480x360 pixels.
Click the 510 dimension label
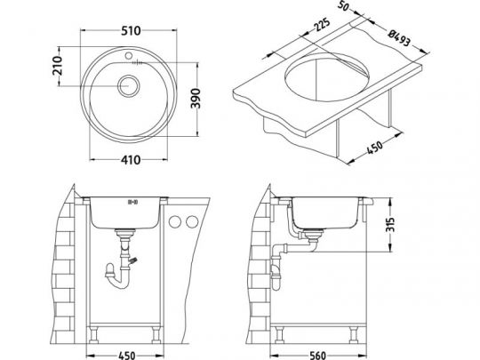point(131,30)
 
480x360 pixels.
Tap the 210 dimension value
point(58,66)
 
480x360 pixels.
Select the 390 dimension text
point(196,99)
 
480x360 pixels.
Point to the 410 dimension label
point(131,160)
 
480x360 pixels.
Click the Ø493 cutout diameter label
point(398,37)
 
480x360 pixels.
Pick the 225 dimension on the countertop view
point(322,25)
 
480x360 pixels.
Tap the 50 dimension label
point(344,6)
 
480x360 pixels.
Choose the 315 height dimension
point(390,225)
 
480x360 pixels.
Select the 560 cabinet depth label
point(317,356)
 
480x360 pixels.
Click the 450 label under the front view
point(126,356)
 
